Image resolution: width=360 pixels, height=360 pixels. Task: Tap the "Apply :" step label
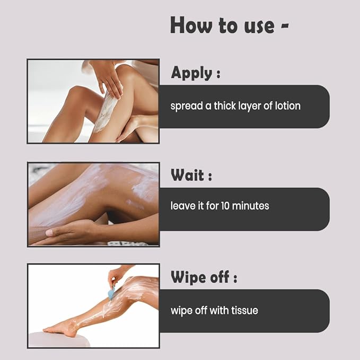195,73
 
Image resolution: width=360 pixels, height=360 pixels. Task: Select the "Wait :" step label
191,175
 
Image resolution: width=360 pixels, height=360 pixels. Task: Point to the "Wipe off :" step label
204,277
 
